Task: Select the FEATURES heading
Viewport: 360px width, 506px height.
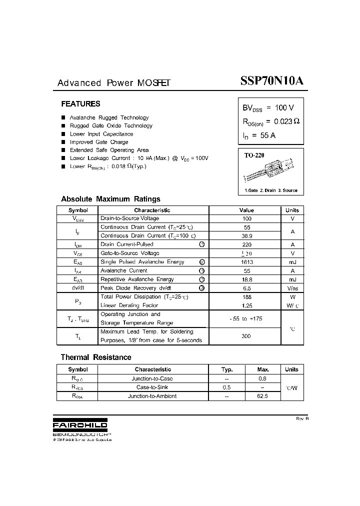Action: [x=80, y=104]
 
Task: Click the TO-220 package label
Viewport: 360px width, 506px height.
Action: [x=254, y=155]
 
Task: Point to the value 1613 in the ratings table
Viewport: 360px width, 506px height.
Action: [x=246, y=262]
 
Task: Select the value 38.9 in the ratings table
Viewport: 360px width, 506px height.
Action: [x=246, y=235]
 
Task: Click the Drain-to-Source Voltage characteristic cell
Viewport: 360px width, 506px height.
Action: [x=130, y=218]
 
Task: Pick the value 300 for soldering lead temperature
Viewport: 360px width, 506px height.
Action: [x=246, y=336]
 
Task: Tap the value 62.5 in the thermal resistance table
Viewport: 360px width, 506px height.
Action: [x=263, y=396]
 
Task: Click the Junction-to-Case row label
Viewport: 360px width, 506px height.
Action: [x=152, y=378]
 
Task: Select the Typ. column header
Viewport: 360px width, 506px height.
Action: [x=227, y=369]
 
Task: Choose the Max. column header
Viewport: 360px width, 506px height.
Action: [x=263, y=369]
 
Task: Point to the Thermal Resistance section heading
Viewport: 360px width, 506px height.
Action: [x=96, y=357]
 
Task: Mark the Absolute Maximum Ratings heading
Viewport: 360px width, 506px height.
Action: [x=110, y=199]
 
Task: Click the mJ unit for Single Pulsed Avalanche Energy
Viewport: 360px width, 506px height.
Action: [x=292, y=262]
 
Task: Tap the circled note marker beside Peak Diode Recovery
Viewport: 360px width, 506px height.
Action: [x=202, y=288]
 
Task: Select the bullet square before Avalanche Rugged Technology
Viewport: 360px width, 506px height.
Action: [x=63, y=118]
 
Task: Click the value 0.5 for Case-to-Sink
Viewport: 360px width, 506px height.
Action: [x=227, y=387]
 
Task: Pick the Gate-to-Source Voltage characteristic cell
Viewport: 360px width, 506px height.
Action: [x=130, y=253]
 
